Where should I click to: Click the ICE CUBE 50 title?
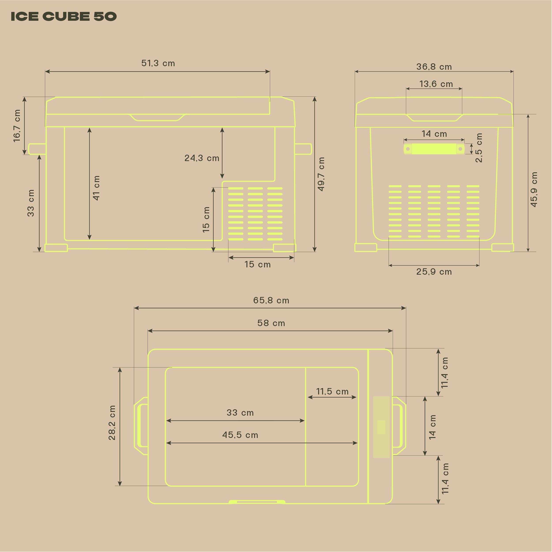[63, 16]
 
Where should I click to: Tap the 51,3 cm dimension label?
[158, 63]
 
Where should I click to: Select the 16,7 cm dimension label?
[17, 126]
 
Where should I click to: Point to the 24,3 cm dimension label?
[202, 158]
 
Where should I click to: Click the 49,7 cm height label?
[321, 174]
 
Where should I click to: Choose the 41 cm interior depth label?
[96, 188]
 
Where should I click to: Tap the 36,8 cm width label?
[434, 67]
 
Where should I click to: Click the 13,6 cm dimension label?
[436, 84]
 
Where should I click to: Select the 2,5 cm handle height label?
[479, 148]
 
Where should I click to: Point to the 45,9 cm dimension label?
[534, 190]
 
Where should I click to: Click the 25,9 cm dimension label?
[434, 272]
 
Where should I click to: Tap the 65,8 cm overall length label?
[271, 300]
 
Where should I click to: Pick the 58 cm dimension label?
[271, 323]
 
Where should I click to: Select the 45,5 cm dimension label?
[240, 435]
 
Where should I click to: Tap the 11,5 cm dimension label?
[332, 392]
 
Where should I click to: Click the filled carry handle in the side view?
[434, 149]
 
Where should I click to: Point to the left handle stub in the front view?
[37, 149]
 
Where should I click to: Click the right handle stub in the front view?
[303, 149]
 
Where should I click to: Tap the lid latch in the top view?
[257, 502]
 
